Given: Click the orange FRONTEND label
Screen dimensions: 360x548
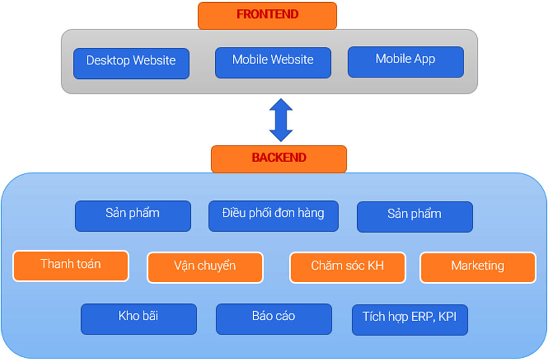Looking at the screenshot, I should pyautogui.click(x=267, y=15).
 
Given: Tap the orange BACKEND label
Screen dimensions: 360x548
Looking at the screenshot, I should pyautogui.click(x=278, y=158).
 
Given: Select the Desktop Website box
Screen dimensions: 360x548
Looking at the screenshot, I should pyautogui.click(x=132, y=63).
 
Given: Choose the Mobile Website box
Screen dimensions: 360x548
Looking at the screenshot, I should pyautogui.click(x=273, y=62).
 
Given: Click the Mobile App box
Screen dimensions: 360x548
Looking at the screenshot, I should pyautogui.click(x=406, y=61).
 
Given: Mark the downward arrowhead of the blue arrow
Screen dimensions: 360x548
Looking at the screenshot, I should pyautogui.click(x=281, y=135).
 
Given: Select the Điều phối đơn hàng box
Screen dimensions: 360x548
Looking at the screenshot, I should pyautogui.click(x=273, y=215).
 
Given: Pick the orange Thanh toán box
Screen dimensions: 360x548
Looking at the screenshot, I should pyautogui.click(x=71, y=266).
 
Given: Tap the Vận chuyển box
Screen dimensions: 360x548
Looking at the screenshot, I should pyautogui.click(x=205, y=267).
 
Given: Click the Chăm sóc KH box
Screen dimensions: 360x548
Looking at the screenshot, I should pyautogui.click(x=347, y=267).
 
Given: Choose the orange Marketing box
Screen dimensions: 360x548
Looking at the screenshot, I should pyautogui.click(x=477, y=267).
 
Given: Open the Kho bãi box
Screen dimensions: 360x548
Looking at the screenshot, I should pyautogui.click(x=139, y=318).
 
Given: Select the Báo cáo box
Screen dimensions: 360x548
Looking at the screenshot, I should pyautogui.click(x=273, y=318).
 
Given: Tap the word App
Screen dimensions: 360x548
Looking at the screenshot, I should pyautogui.click(x=424, y=59).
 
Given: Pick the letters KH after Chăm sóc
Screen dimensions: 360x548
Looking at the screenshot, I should pyautogui.click(x=375, y=266).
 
